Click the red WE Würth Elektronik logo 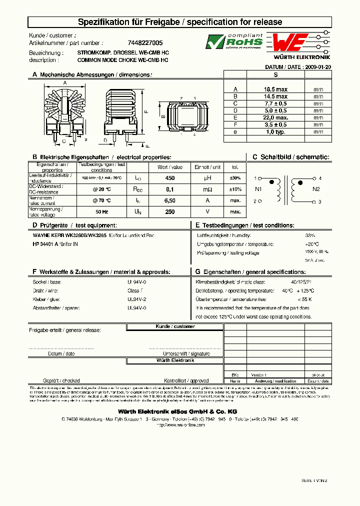pyautogui.click(x=299, y=42)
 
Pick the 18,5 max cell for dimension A pyautogui.click(x=275, y=89)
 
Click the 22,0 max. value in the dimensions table pyautogui.click(x=275, y=117)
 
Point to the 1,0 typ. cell pyautogui.click(x=275, y=131)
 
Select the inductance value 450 pyautogui.click(x=169, y=178)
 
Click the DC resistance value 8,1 pyautogui.click(x=169, y=189)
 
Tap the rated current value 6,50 pyautogui.click(x=169, y=200)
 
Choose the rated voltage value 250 pyautogui.click(x=169, y=211)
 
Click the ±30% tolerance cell pyautogui.click(x=235, y=178)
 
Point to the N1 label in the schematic pyautogui.click(x=258, y=189)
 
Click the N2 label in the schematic pyautogui.click(x=316, y=189)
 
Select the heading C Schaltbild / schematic pyautogui.click(x=290, y=157)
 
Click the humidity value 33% pyautogui.click(x=310, y=235)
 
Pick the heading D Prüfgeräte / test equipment pyautogui.click(x=74, y=225)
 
